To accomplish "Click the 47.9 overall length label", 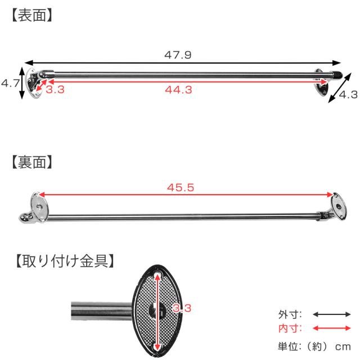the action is pos(178,55).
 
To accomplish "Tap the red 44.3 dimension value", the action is pos(179,89).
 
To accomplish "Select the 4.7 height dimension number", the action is pos(10,83).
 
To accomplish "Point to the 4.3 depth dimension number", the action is pos(348,94).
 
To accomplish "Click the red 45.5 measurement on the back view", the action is pos(181,187).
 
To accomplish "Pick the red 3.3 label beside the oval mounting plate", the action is pos(182,308).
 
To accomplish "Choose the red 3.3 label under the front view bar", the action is pos(55,89).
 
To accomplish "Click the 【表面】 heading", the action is pos(32,15).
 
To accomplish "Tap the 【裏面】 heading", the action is pos(32,162).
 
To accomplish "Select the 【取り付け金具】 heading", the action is pos(65,261).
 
